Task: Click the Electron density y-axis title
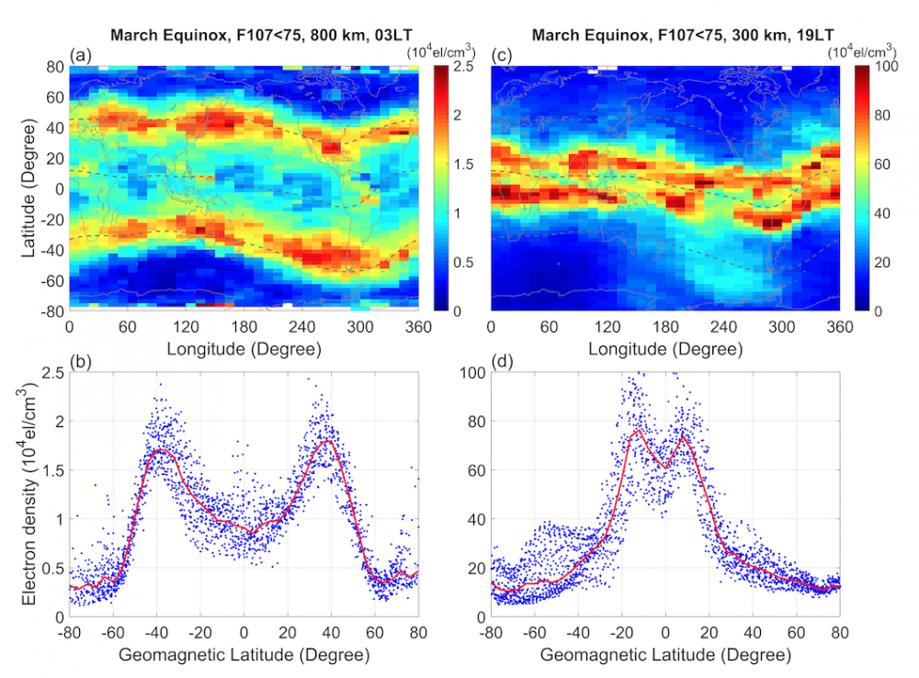[x=28, y=494]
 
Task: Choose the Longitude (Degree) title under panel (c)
[x=664, y=349]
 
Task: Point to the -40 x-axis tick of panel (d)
[x=577, y=634]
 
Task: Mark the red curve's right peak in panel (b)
[x=328, y=441]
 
